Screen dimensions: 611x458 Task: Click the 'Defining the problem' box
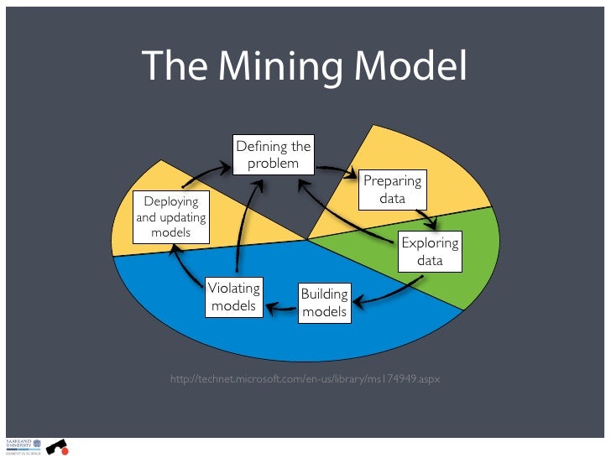click(x=273, y=154)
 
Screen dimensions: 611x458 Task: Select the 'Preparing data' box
click(x=392, y=190)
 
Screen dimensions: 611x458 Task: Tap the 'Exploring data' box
click(x=430, y=252)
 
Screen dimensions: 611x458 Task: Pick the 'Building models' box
click(x=324, y=303)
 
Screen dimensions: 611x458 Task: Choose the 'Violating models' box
click(x=233, y=297)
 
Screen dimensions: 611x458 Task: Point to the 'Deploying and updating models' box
click(x=171, y=216)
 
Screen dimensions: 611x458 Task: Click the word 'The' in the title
click(x=173, y=67)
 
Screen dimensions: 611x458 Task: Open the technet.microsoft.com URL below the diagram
click(x=304, y=380)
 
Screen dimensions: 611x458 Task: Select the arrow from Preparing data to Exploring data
click(x=431, y=219)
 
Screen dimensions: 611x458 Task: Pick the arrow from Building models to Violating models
click(x=281, y=309)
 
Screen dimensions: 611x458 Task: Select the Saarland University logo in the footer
click(x=18, y=445)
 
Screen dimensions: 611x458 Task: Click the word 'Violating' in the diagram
click(x=233, y=289)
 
